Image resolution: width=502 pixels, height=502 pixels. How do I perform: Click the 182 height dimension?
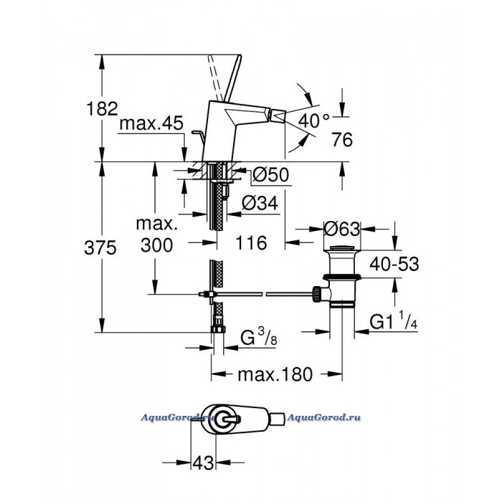[102, 108]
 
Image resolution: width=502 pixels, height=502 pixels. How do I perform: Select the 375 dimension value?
[100, 248]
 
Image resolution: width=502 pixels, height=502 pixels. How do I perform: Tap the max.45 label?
[151, 123]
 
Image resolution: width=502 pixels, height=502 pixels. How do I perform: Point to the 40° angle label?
[314, 121]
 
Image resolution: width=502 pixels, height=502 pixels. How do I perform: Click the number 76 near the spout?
[342, 140]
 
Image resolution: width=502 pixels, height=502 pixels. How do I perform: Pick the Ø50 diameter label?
[270, 174]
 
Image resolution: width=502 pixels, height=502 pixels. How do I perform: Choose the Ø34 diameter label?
[260, 203]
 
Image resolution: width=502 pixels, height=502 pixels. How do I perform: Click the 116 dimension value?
[251, 242]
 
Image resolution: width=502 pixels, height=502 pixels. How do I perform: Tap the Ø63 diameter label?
[342, 229]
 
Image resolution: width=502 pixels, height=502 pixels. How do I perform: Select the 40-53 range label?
[394, 265]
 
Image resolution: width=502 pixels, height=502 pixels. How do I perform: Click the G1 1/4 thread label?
[394, 321]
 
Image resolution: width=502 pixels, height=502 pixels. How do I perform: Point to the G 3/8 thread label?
[259, 337]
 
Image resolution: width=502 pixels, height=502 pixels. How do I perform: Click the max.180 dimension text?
[275, 374]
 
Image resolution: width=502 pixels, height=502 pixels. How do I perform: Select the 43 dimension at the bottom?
[203, 463]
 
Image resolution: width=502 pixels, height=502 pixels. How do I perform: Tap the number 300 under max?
[156, 245]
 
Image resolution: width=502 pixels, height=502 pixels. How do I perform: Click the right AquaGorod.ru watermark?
[323, 417]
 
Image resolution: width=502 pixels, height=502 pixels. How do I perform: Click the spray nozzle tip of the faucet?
[278, 115]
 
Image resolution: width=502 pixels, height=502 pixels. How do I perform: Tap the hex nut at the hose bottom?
[218, 329]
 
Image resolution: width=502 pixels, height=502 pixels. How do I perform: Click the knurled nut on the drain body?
[317, 293]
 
